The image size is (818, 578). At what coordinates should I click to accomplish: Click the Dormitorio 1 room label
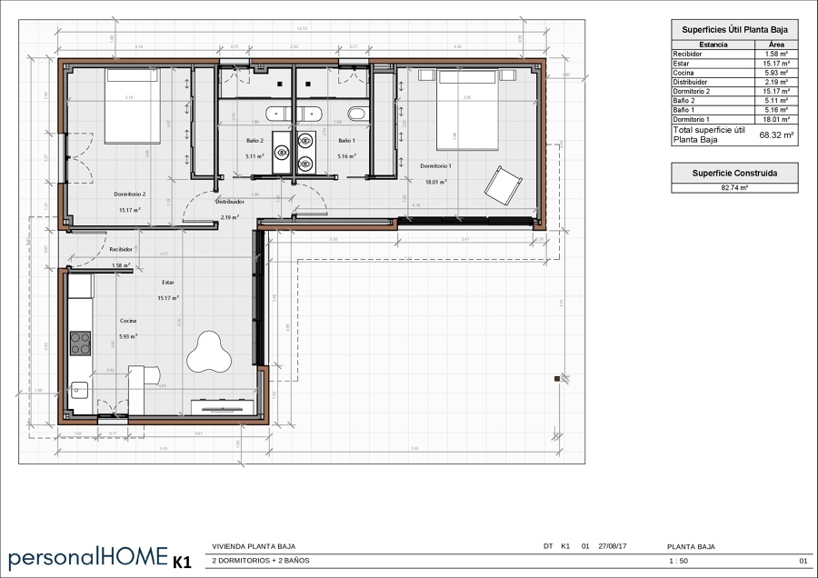(435, 166)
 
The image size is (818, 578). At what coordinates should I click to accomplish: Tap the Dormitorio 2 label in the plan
(130, 194)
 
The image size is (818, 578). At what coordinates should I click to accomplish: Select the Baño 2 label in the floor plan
(254, 141)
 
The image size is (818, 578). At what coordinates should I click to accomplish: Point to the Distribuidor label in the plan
(230, 203)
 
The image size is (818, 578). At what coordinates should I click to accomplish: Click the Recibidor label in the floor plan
(122, 248)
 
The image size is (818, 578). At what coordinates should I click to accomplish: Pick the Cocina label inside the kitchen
(129, 321)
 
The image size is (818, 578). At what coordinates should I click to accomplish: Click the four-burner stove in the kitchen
(81, 343)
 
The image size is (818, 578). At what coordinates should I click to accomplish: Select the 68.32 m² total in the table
(776, 135)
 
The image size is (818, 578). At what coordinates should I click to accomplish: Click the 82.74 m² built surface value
(733, 187)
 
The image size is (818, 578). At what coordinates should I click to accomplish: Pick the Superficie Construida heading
(733, 172)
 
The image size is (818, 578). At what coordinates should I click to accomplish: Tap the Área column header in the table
(776, 44)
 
